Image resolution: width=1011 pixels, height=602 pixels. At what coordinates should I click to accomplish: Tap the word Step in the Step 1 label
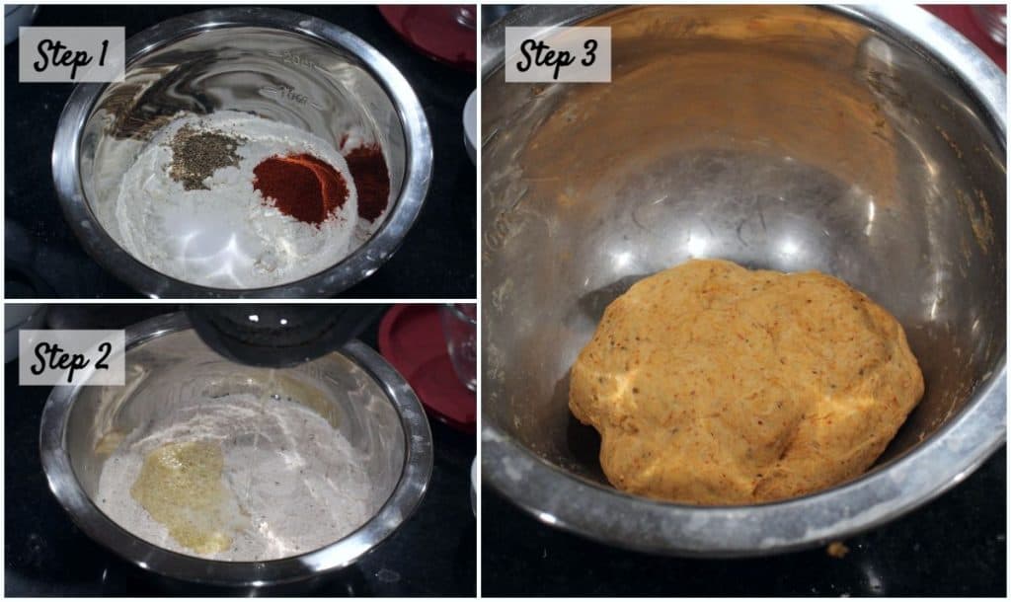(x=62, y=56)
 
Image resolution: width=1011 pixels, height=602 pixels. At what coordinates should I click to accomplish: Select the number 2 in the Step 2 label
(x=101, y=357)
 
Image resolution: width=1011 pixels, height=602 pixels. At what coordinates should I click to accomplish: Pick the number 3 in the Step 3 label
(x=586, y=54)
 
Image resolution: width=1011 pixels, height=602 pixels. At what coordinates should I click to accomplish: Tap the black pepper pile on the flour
(x=202, y=158)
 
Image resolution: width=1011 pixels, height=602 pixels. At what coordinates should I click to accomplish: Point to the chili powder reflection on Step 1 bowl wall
(x=367, y=181)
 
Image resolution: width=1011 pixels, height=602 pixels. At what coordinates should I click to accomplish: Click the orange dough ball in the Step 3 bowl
(x=745, y=381)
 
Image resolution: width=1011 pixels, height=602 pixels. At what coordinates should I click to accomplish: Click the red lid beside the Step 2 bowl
(x=426, y=364)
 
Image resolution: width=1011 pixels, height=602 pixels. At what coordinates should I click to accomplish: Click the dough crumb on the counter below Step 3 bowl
(x=837, y=549)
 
